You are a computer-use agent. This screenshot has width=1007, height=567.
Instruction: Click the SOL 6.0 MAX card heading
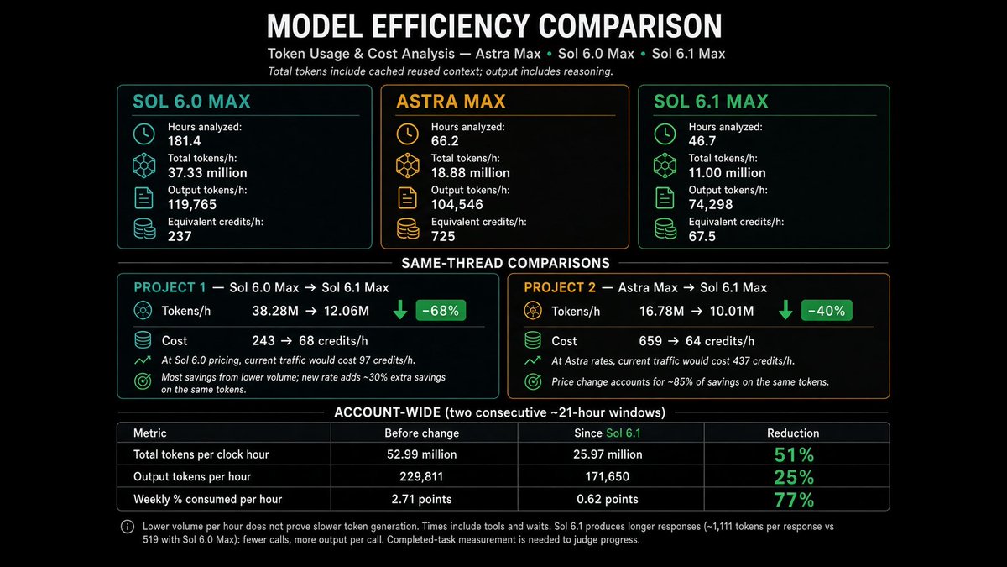tap(191, 102)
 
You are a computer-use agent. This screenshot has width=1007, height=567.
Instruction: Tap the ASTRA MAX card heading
tap(451, 102)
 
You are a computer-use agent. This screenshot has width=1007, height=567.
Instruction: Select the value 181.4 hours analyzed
tap(185, 141)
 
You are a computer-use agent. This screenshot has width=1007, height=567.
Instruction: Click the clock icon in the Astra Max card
tap(407, 134)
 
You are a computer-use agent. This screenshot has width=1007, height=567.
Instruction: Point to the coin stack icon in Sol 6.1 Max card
tap(665, 228)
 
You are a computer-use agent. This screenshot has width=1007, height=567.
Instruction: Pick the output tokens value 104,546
tap(457, 204)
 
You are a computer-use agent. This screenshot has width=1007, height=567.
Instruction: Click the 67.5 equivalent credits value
tap(702, 236)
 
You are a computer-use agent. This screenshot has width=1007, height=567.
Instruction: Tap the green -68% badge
tap(441, 311)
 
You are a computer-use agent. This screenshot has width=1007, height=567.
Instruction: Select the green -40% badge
tap(827, 311)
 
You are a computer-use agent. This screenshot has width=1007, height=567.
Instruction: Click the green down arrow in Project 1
tap(400, 310)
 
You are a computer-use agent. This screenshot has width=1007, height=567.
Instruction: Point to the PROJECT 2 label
tap(560, 287)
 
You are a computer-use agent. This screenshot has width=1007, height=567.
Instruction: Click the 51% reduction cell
tap(794, 454)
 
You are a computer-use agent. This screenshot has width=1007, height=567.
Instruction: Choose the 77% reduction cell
tap(794, 500)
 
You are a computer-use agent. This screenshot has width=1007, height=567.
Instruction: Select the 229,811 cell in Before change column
tap(421, 476)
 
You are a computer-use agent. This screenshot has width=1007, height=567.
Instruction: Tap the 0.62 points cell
tap(608, 499)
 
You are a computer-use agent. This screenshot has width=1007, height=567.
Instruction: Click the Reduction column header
tap(793, 433)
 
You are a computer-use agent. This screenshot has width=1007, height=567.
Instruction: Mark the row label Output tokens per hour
tap(192, 476)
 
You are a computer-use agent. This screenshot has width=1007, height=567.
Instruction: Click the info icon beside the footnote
tap(128, 527)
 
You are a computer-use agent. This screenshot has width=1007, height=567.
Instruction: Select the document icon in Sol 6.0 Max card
tap(143, 198)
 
